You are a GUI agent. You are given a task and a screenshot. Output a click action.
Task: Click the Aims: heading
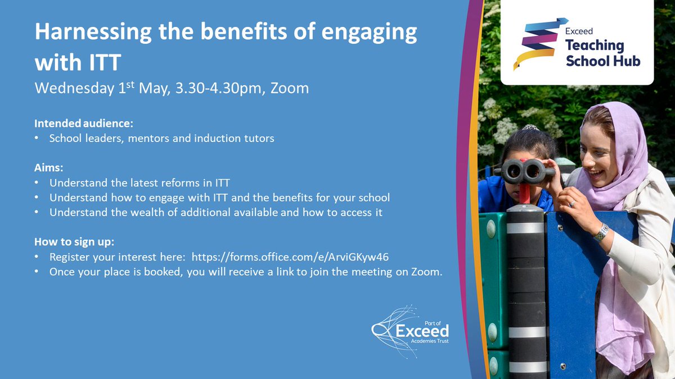pyautogui.click(x=47, y=168)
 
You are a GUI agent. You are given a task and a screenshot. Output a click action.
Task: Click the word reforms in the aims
pyautogui.click(x=187, y=183)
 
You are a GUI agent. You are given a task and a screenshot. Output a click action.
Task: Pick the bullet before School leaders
pyautogui.click(x=38, y=138)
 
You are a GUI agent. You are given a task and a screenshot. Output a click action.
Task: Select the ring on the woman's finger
pyautogui.click(x=572, y=204)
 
